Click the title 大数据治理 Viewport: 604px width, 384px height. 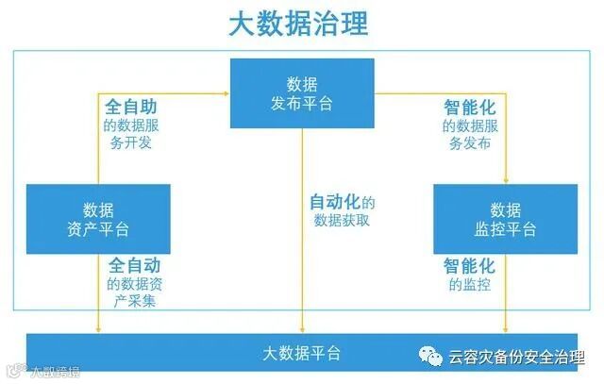299,24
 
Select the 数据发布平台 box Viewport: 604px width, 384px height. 302,92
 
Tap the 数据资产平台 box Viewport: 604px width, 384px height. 98,219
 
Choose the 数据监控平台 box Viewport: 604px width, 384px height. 505,219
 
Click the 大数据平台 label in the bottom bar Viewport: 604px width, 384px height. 302,354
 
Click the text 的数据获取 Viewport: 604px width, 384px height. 342,221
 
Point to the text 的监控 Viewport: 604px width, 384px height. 469,284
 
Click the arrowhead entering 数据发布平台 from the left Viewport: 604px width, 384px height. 226,92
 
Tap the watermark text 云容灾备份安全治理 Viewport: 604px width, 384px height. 516,358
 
